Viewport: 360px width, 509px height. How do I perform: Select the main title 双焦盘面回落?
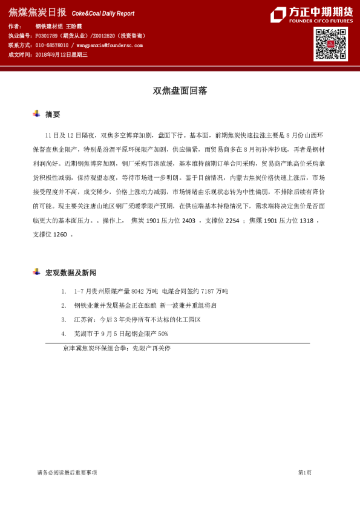click(180, 91)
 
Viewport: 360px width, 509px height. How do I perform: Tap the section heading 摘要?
click(53, 114)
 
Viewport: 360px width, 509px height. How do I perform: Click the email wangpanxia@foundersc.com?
click(109, 45)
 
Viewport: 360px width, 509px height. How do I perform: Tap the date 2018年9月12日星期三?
click(62, 54)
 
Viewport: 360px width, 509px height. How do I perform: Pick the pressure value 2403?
click(188, 222)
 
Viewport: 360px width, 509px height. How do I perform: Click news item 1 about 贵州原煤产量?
click(151, 292)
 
